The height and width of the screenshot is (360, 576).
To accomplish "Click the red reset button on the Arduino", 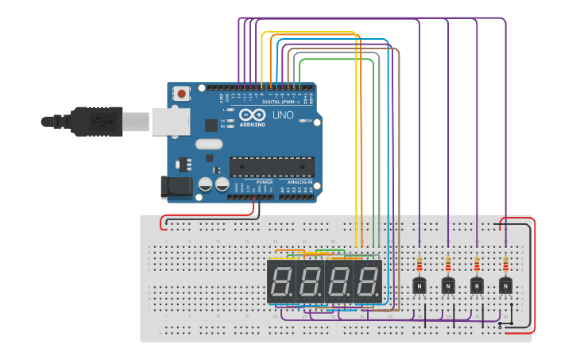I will [182, 94].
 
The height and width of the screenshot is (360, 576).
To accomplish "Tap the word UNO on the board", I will [283, 115].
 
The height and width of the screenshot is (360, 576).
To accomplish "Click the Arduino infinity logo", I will [253, 115].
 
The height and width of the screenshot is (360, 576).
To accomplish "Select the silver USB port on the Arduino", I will [170, 122].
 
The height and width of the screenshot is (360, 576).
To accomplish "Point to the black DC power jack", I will [176, 187].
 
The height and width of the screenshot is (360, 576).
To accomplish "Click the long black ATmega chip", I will [272, 167].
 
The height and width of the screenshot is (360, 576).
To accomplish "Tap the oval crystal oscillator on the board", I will [208, 145].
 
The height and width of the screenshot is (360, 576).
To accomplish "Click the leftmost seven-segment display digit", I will [281, 281].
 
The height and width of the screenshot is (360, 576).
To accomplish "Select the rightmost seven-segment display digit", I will [367, 281].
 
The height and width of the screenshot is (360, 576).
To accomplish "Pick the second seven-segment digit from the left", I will [310, 281].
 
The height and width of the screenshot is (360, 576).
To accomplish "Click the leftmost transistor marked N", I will [419, 285].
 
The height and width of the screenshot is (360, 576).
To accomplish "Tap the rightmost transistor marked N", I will [505, 285].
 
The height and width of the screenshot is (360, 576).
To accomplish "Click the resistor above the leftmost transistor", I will [419, 263].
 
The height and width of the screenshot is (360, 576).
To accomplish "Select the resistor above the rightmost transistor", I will [505, 263].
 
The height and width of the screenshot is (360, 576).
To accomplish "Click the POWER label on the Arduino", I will [265, 182].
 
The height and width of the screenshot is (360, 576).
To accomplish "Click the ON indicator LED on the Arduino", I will [303, 120].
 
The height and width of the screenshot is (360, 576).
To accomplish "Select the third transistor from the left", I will [477, 285].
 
